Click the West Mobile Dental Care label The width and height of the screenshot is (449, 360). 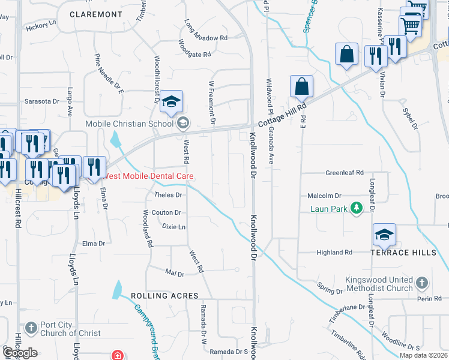(x=150, y=176)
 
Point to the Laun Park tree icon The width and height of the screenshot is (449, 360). (x=357, y=208)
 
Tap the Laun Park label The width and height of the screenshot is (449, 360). (x=329, y=209)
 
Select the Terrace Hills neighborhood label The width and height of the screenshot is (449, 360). (x=403, y=253)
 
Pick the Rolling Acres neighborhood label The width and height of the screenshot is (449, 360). (x=163, y=296)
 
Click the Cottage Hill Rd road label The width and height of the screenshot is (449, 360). (x=282, y=114)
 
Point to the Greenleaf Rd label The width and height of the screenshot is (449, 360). (x=345, y=173)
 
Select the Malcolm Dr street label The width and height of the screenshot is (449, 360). (x=324, y=196)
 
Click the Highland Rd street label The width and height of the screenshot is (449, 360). (x=334, y=253)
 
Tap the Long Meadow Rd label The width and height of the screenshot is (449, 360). (x=206, y=38)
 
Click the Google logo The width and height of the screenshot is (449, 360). (x=20, y=353)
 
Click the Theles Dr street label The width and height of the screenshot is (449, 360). (x=168, y=195)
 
